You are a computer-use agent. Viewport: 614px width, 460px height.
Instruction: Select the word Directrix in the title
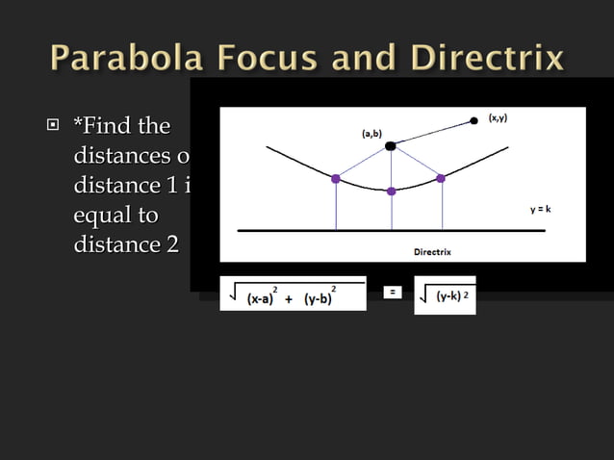[x=487, y=59]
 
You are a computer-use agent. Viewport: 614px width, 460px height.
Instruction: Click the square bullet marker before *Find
[x=55, y=126]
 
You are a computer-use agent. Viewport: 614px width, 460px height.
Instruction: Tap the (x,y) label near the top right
[x=498, y=117]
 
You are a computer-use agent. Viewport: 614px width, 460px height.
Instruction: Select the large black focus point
[x=390, y=145]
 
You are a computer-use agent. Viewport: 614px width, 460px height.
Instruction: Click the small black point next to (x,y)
[x=473, y=121]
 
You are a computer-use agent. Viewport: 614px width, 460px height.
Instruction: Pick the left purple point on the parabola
[x=335, y=178]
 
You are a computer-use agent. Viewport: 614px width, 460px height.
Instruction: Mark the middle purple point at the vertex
[x=391, y=191]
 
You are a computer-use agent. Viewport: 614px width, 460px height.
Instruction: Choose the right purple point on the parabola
[x=441, y=178]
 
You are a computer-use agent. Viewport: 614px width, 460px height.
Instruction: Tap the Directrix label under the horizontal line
[x=432, y=252]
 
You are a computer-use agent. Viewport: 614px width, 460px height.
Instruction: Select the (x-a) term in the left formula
[x=261, y=299]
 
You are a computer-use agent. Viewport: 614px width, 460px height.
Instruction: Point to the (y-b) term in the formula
[x=318, y=299]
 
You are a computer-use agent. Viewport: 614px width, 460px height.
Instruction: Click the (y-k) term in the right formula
[x=448, y=296]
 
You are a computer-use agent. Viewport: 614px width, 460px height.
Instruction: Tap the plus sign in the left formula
[x=290, y=299]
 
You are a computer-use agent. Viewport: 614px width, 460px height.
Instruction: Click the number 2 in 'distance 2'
[x=171, y=245]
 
